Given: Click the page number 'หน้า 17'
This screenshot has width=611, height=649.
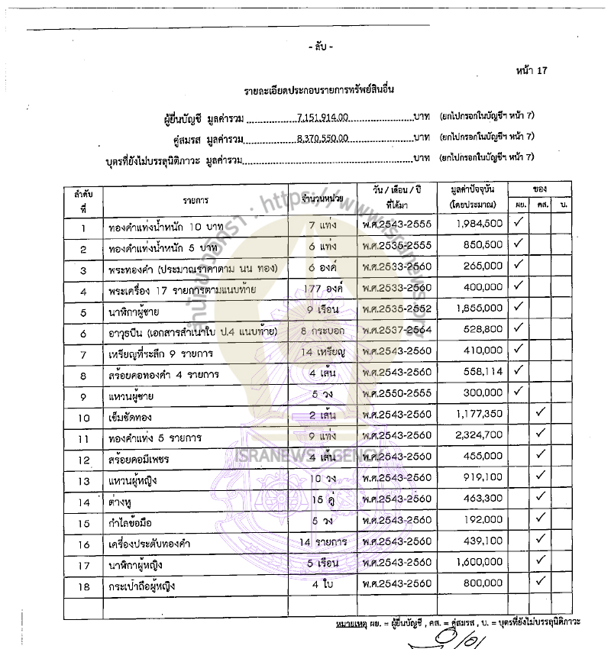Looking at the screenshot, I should (x=532, y=71).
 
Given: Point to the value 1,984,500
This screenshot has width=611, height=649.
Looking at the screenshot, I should (x=477, y=224).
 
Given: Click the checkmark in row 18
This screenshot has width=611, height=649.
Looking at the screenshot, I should (x=541, y=581).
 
